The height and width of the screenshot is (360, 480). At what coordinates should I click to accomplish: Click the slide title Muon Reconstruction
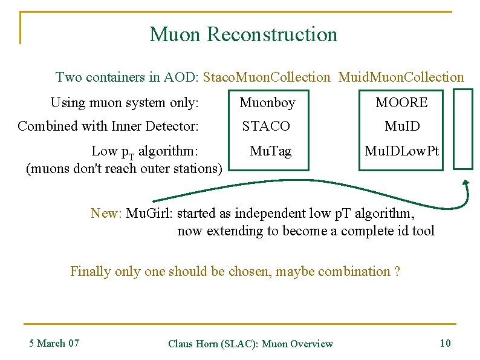(x=243, y=34)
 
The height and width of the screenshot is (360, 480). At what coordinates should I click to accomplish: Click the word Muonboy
(x=267, y=103)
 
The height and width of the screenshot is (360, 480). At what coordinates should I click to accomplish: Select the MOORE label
(x=401, y=103)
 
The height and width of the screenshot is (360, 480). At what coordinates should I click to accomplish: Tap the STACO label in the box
(x=266, y=126)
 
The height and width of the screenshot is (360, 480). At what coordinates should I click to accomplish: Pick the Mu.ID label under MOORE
(x=402, y=126)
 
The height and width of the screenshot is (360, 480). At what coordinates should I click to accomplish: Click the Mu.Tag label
(x=270, y=151)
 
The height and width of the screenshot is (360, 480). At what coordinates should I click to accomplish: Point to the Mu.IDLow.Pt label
(x=401, y=151)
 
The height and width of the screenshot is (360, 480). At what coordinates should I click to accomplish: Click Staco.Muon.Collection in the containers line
(x=267, y=77)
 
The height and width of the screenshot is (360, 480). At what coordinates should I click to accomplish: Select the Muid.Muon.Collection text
(x=401, y=77)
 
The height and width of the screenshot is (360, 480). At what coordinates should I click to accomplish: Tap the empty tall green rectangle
(x=463, y=128)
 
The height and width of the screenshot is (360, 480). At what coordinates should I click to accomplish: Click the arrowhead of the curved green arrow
(x=465, y=182)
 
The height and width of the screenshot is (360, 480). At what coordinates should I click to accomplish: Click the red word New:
(x=106, y=213)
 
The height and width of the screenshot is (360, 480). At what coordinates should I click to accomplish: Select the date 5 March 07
(x=54, y=343)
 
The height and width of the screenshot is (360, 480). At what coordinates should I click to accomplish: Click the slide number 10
(x=445, y=343)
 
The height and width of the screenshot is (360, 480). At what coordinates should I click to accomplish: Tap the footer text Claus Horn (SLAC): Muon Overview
(x=250, y=344)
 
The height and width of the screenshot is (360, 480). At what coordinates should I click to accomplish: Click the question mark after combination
(x=397, y=272)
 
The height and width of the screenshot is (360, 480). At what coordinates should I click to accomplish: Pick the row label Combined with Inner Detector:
(x=108, y=126)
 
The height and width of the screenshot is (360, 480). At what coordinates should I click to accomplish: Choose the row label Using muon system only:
(x=125, y=103)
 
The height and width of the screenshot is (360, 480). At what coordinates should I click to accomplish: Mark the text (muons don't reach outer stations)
(x=125, y=168)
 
